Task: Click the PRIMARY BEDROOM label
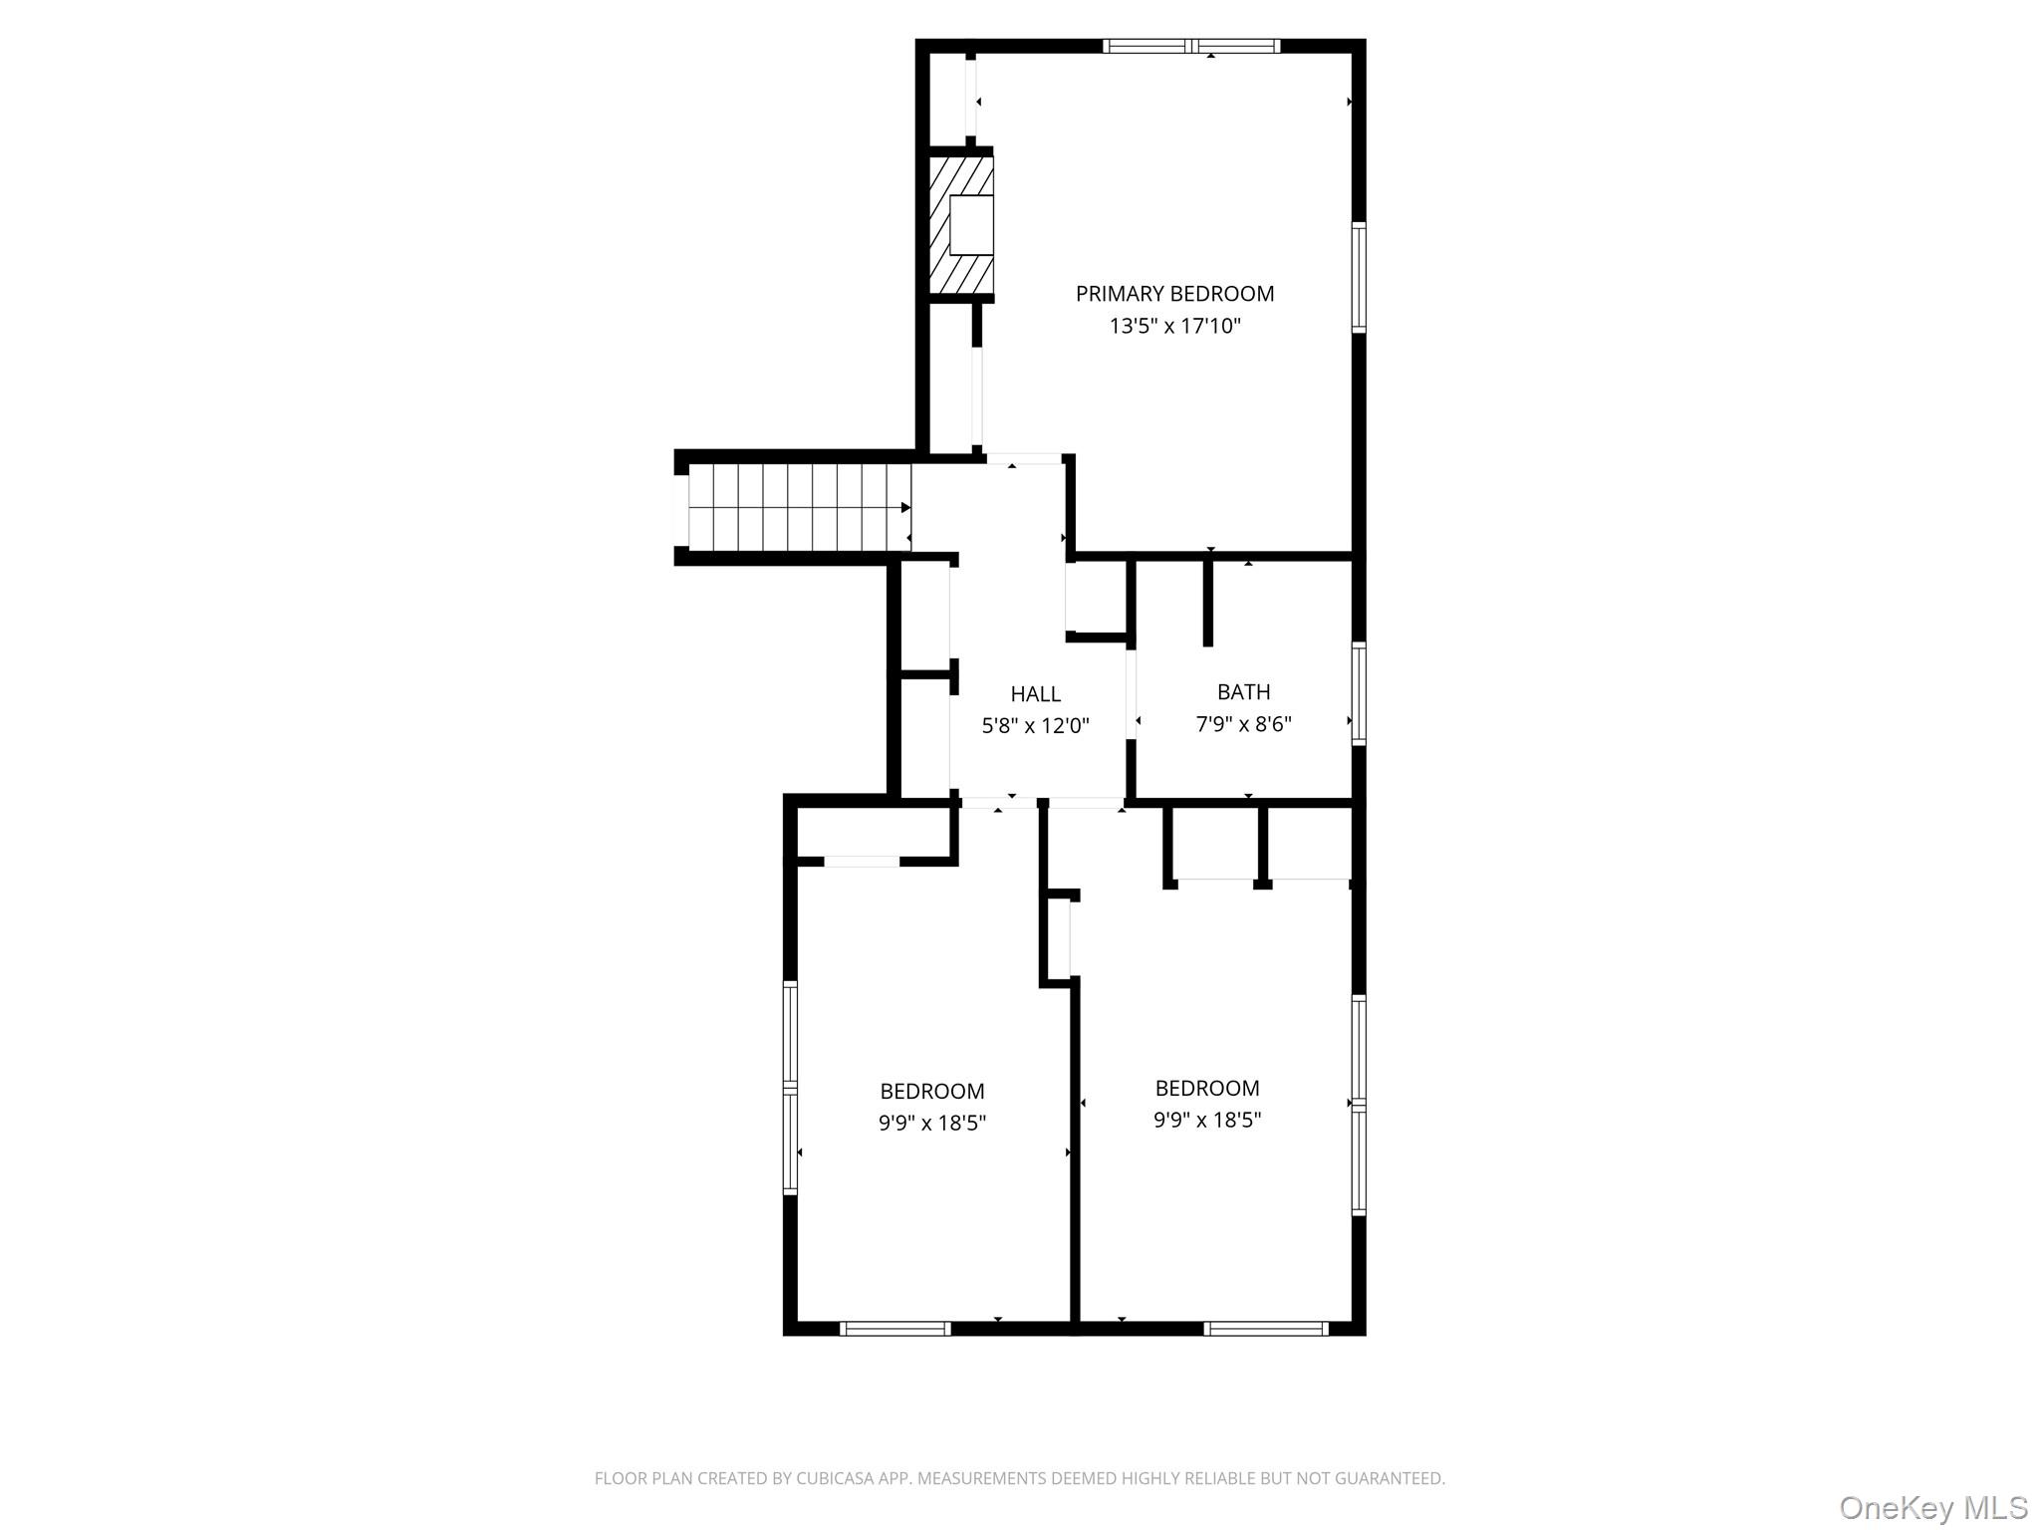(x=1174, y=294)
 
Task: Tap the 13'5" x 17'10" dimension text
(x=1175, y=326)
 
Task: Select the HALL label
(x=1036, y=694)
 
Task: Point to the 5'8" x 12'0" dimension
(x=1036, y=726)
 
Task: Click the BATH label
(x=1244, y=691)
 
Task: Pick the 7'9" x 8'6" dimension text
(x=1244, y=723)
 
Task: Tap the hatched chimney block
(x=961, y=225)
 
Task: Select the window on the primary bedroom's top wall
(x=1191, y=46)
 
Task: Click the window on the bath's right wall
(x=1359, y=693)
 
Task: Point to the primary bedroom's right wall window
(x=1359, y=277)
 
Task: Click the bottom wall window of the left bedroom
(x=894, y=1328)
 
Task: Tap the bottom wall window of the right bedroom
(x=1266, y=1328)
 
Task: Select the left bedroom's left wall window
(x=790, y=1088)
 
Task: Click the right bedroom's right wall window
(x=1359, y=1105)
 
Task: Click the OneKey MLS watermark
(x=1933, y=1507)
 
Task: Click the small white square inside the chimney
(x=971, y=225)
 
